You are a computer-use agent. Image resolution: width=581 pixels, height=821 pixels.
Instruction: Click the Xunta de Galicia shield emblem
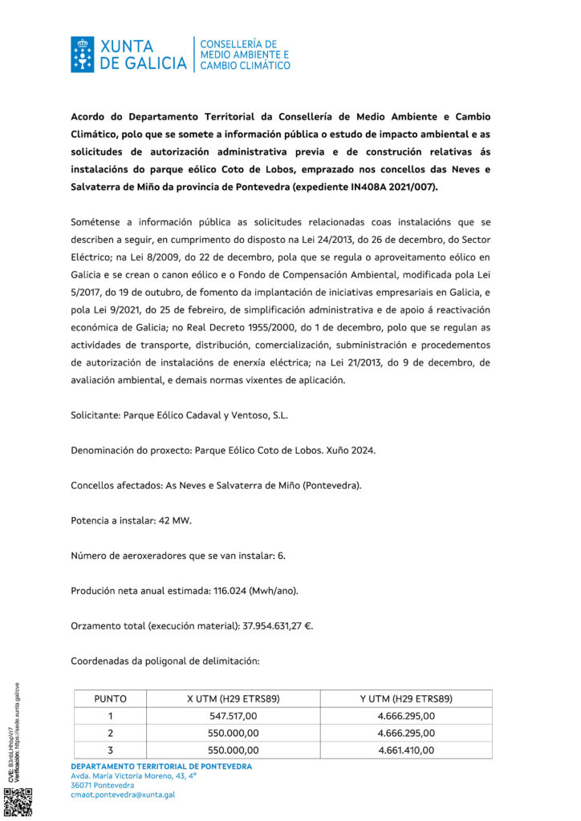(x=83, y=54)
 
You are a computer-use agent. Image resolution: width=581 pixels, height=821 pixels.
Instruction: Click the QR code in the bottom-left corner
(x=18, y=802)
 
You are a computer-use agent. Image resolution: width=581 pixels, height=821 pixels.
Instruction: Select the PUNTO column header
(x=110, y=698)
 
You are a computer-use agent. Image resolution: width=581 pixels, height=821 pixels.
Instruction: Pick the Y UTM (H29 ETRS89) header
(x=406, y=698)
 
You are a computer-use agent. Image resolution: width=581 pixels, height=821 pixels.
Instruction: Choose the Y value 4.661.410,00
(x=406, y=750)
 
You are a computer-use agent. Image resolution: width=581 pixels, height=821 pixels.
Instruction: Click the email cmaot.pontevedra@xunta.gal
(x=123, y=795)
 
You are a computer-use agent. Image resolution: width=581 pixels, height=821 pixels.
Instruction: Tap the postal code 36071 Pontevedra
(x=102, y=785)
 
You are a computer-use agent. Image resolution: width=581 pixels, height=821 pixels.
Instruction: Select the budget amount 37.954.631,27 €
(x=259, y=625)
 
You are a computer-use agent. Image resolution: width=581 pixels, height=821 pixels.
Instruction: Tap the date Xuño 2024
(x=351, y=451)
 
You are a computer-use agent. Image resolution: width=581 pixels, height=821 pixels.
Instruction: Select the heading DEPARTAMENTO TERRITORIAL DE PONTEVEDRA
(x=160, y=766)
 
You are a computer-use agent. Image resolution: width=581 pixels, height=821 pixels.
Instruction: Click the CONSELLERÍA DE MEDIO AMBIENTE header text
(x=244, y=54)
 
